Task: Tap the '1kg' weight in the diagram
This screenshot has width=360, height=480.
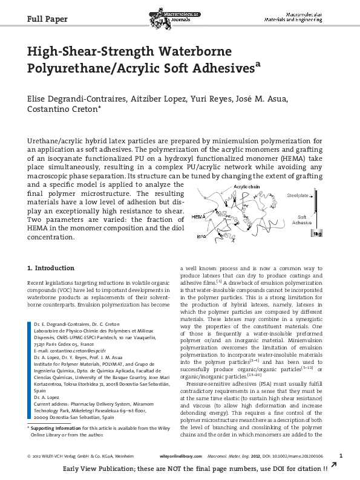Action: (x=333, y=233)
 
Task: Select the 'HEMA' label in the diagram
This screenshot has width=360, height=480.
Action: (x=198, y=216)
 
